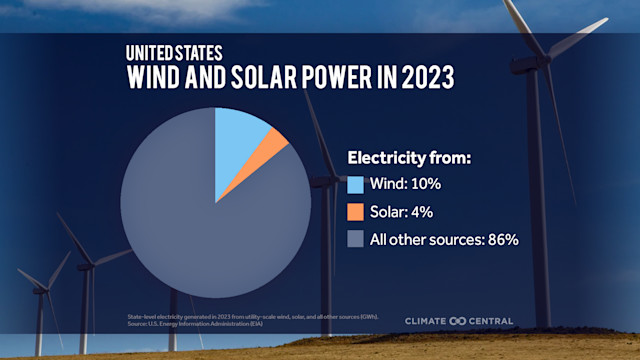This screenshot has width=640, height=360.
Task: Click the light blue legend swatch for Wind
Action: [x=355, y=185]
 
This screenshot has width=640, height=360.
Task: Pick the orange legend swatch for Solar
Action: [x=355, y=212]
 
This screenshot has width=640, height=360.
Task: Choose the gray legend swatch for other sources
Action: [x=355, y=239]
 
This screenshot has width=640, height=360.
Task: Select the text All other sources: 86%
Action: [x=443, y=239]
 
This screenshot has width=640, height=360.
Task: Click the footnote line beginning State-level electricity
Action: [x=250, y=317]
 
